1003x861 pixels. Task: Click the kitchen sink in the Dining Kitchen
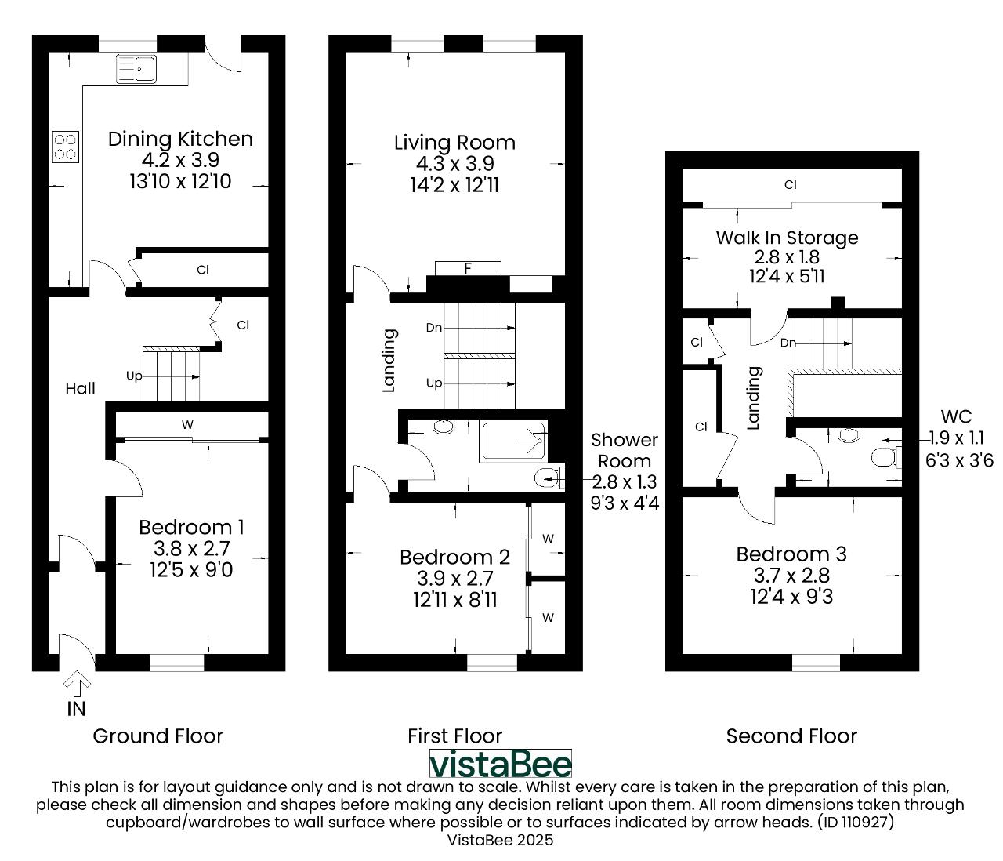[x=136, y=68]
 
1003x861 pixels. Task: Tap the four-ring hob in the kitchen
[x=66, y=147]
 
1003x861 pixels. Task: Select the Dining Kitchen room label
[x=180, y=140]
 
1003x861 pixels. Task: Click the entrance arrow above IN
[x=77, y=685]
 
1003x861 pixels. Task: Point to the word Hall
[x=81, y=388]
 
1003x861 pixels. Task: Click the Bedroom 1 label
[x=192, y=528]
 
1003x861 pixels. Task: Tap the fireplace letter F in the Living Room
[x=468, y=268]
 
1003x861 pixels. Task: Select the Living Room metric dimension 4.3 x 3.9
[x=454, y=164]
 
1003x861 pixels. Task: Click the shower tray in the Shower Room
[x=513, y=441]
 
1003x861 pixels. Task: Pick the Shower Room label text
[x=625, y=451]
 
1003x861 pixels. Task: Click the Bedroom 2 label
[x=454, y=557]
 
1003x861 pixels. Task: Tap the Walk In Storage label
[x=787, y=238]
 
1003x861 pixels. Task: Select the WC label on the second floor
[x=957, y=416]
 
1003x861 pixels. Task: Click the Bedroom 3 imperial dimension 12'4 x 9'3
[x=791, y=597]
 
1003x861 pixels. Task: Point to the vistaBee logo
[x=500, y=764]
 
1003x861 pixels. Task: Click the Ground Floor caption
[x=158, y=736]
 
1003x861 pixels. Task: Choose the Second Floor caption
[x=791, y=736]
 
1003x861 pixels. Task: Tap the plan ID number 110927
[x=864, y=822]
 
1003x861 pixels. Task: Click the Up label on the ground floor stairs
[x=134, y=376]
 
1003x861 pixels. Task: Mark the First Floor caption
[x=454, y=736]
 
